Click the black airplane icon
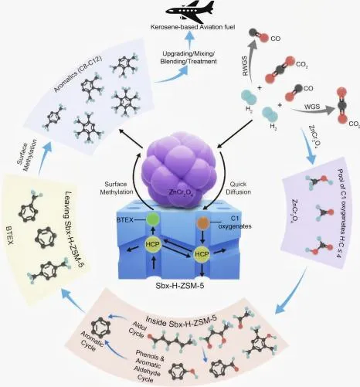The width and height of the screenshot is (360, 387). pos(190,11)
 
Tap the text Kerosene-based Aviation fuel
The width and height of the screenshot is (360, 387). pos(193,27)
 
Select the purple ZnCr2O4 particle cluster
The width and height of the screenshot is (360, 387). pos(179,168)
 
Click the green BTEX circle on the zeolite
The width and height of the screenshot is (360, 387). pos(152,220)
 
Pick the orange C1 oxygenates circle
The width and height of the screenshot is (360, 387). pos(203,222)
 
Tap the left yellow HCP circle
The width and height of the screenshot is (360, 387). pos(153,244)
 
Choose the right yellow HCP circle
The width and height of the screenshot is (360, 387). pos(202,254)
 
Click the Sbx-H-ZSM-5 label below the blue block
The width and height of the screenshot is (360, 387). pos(180,286)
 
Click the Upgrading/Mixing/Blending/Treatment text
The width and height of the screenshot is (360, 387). pos(188,58)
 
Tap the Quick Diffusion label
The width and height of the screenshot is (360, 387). pos(238,188)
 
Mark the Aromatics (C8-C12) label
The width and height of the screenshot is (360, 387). pos(78,74)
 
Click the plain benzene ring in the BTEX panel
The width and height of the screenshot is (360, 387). pos(46,238)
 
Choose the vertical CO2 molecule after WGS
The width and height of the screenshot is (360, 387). pos(342,106)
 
